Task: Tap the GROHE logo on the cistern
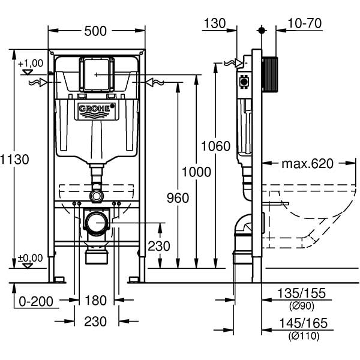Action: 95,110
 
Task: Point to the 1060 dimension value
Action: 215,146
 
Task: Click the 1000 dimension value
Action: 197,172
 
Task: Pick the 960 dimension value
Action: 177,198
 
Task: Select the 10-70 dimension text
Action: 305,23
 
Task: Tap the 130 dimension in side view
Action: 214,23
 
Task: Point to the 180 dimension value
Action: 95,299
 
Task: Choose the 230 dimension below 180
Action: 95,322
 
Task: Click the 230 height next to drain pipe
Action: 158,246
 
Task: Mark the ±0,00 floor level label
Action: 30,258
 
